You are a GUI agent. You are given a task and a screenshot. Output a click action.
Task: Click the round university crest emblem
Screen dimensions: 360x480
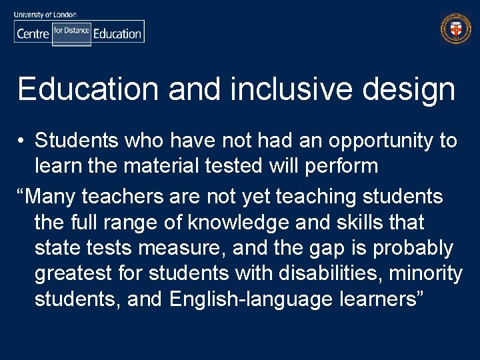(456, 29)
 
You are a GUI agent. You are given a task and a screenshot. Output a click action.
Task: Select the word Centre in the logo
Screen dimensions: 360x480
(33, 33)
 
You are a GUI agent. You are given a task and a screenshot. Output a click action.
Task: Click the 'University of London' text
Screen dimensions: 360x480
(45, 14)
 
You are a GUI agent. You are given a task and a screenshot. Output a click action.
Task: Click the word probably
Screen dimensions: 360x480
(413, 248)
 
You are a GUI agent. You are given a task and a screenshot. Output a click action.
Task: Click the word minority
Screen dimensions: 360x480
(427, 273)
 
